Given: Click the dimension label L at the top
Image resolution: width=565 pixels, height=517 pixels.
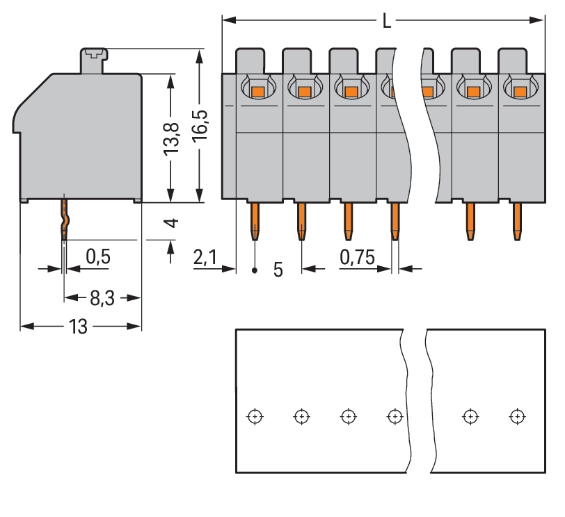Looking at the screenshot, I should point(387,22).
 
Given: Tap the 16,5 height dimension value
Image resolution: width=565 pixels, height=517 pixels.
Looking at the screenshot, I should point(202,125).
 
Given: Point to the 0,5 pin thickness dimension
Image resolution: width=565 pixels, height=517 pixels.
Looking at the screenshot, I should point(98,257).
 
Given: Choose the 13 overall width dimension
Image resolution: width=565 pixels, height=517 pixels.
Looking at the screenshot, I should point(79,327).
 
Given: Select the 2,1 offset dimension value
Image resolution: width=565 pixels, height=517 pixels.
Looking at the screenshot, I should point(205,258).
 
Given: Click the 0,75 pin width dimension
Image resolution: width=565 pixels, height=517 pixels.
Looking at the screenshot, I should point(357,258).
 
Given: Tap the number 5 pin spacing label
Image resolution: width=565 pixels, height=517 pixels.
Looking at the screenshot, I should point(278,270).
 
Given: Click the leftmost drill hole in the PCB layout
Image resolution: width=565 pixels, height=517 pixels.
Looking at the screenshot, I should point(255,417).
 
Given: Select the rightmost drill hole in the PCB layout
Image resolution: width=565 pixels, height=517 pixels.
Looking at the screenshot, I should point(516,417).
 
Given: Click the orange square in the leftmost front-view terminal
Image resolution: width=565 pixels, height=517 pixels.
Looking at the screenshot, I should point(257,90).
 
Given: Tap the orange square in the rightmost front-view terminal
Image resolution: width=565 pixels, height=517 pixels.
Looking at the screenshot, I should point(519,90).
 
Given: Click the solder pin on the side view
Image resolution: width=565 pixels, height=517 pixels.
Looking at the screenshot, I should point(64,219).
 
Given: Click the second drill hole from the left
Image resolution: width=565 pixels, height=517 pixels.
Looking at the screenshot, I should point(301,417).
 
